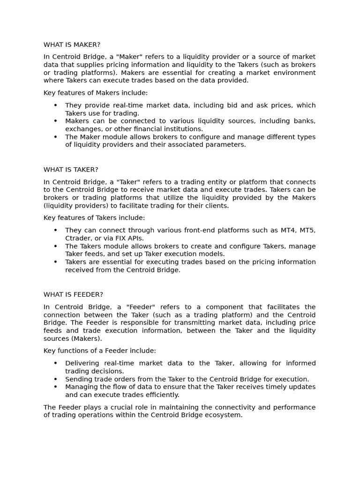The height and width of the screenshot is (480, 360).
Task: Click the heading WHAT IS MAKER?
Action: click(72, 45)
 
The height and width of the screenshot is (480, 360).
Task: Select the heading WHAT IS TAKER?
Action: click(71, 169)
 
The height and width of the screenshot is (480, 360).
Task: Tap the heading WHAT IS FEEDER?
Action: click(73, 294)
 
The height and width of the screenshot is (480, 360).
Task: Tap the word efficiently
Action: click(162, 395)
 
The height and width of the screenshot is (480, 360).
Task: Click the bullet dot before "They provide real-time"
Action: click(55, 105)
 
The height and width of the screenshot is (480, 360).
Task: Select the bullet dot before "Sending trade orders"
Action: click(55, 379)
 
